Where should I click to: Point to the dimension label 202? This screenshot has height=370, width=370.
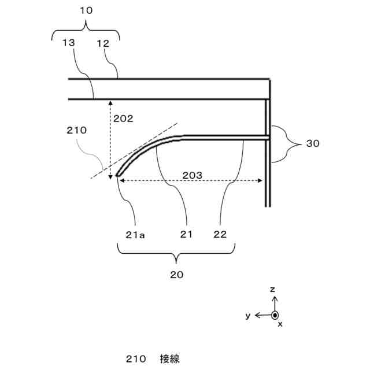coord(123,119)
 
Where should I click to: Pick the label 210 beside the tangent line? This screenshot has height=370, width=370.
coord(77,130)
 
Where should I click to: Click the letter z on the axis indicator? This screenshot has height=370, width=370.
coord(275,288)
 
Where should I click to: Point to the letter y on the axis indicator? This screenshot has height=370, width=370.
coord(247,315)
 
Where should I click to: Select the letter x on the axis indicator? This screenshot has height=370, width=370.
coord(280,325)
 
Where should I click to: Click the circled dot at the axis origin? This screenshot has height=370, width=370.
coord(275,315)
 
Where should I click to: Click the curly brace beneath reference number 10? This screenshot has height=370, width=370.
coord(86,31)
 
